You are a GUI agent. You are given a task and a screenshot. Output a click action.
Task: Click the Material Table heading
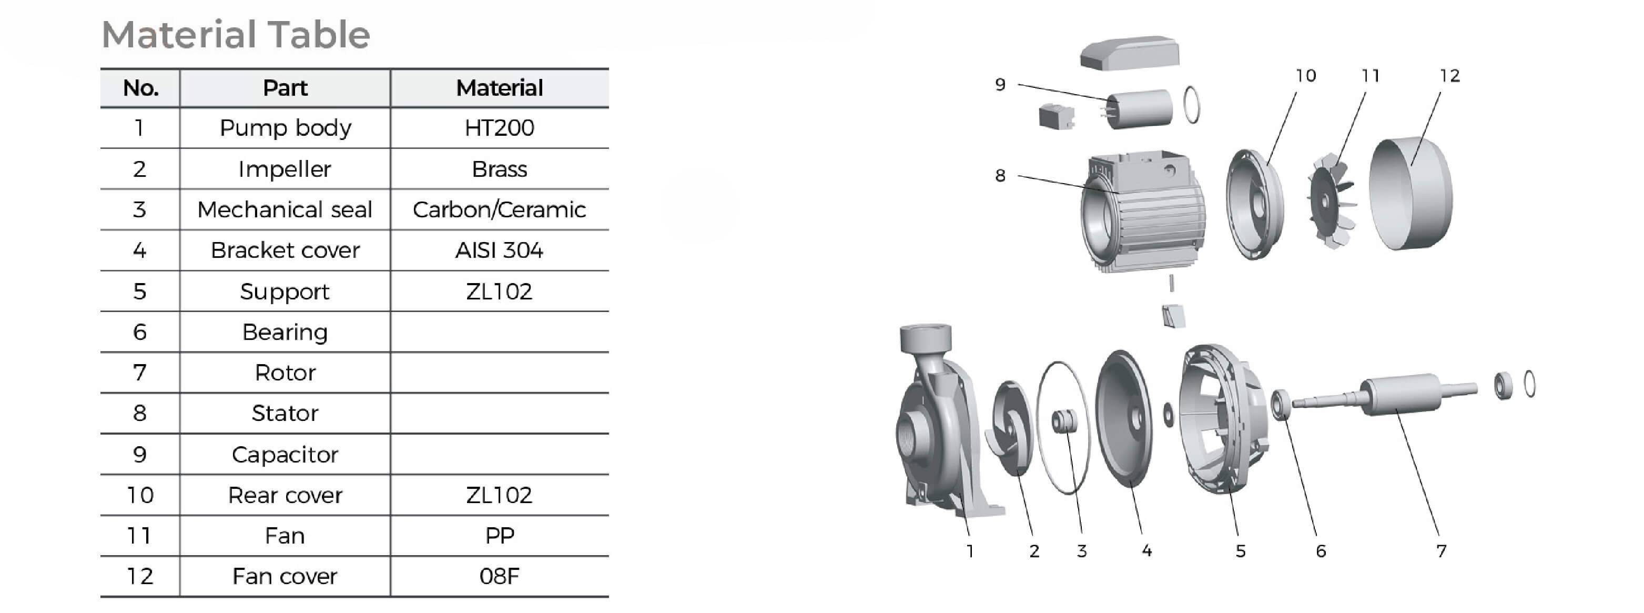236,35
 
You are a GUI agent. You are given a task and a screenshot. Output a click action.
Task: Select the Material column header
499,88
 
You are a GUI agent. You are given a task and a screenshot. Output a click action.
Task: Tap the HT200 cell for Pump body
499,128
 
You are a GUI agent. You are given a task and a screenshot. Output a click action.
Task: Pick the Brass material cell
499,169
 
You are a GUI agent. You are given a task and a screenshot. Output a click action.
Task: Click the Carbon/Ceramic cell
499,209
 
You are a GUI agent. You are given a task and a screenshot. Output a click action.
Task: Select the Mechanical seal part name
285,209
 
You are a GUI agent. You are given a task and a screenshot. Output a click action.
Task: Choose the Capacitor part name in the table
285,455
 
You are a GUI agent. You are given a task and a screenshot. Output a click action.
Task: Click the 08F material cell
499,577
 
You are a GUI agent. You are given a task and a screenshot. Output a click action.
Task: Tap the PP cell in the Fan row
499,536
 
